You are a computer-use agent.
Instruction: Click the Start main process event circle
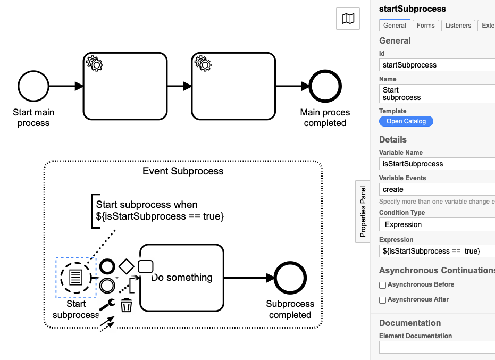pyautogui.click(x=33, y=86)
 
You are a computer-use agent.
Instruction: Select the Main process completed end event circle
pyautogui.click(x=325, y=86)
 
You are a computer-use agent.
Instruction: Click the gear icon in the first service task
pyautogui.click(x=95, y=63)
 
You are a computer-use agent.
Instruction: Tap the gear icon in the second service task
pyautogui.click(x=203, y=63)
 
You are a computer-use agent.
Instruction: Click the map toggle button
pyautogui.click(x=348, y=19)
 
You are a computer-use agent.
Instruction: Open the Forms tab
pyautogui.click(x=425, y=26)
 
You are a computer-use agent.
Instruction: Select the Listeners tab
pyautogui.click(x=458, y=26)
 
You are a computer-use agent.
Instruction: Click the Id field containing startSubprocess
pyautogui.click(x=437, y=65)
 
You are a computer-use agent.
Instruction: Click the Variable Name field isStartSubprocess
pyautogui.click(x=437, y=164)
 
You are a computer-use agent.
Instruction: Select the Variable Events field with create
pyautogui.click(x=437, y=189)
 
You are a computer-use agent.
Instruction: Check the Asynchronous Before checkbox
pyautogui.click(x=383, y=285)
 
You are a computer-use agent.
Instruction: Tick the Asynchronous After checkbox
pyautogui.click(x=383, y=300)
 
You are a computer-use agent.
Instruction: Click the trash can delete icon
pyautogui.click(x=127, y=305)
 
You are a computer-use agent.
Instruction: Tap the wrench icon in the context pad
pyautogui.click(x=107, y=305)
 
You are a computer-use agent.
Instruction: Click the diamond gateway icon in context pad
pyautogui.click(x=127, y=266)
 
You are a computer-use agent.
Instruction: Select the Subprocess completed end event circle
pyautogui.click(x=290, y=278)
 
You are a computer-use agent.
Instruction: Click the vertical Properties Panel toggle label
pyautogui.click(x=363, y=212)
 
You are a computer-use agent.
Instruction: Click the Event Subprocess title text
pyautogui.click(x=183, y=171)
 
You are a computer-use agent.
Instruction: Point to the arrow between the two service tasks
pyautogui.click(x=179, y=86)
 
